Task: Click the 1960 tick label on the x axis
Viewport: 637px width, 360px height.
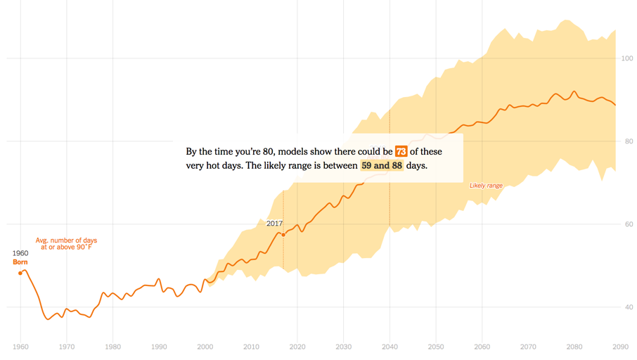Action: tap(20, 347)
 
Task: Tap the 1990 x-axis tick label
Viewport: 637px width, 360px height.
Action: tap(159, 347)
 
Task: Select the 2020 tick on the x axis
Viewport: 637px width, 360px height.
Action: tap(297, 347)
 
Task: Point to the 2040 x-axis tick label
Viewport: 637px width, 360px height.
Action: tap(390, 347)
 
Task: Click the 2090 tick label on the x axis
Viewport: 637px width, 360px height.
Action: tap(621, 347)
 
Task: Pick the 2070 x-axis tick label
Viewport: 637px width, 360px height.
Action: tap(529, 347)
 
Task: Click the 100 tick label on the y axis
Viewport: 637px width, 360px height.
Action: tap(626, 58)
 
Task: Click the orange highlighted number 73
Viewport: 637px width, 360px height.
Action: tap(401, 152)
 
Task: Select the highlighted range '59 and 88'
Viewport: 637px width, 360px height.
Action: tap(382, 166)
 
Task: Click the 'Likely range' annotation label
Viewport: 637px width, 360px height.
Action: tap(486, 186)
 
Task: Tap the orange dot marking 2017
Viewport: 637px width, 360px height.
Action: tap(283, 234)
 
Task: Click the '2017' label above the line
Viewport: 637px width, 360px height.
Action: tap(274, 224)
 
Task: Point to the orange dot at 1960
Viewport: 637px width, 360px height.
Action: tap(20, 273)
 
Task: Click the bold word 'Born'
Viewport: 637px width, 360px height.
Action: tap(20, 262)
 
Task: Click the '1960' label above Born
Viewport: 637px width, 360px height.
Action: tap(20, 253)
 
